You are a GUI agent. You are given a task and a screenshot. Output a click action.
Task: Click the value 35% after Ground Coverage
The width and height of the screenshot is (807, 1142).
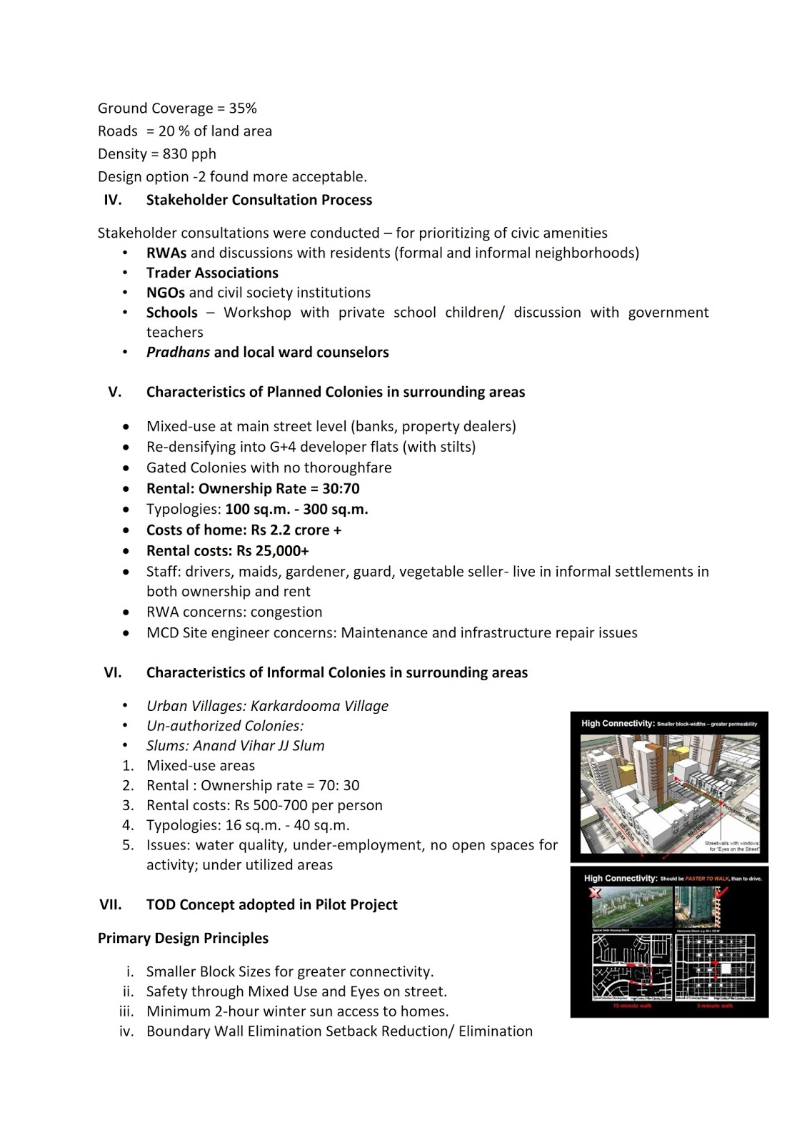click(x=243, y=108)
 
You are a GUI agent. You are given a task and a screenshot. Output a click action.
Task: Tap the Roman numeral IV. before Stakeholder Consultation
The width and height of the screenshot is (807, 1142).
click(x=113, y=200)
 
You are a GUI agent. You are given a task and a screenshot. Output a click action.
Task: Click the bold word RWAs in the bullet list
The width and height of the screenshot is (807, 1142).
click(x=166, y=253)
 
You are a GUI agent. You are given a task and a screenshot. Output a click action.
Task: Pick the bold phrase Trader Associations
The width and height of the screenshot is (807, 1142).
click(x=212, y=273)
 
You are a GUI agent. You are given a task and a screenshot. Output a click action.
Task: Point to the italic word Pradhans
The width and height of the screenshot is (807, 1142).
click(x=178, y=353)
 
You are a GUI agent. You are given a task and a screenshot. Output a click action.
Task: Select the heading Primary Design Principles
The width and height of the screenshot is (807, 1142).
click(x=183, y=939)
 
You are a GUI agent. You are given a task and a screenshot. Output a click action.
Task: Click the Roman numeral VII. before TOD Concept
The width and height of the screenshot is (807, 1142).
click(x=111, y=905)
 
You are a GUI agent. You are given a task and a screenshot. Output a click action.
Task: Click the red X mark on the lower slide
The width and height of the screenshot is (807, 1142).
click(x=594, y=893)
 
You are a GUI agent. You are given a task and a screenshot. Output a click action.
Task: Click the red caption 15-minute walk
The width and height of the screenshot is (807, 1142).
click(x=632, y=1006)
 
